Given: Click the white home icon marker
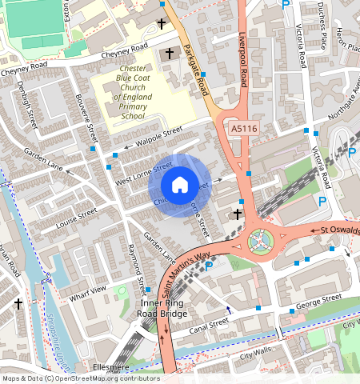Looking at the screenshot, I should point(180,185).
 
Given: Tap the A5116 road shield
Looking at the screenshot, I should point(244,127).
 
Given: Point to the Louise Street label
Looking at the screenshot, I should point(76,217).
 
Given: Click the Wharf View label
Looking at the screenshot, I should point(88,289).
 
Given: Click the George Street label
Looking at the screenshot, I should point(319,301).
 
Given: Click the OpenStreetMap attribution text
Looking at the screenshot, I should point(80,378).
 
